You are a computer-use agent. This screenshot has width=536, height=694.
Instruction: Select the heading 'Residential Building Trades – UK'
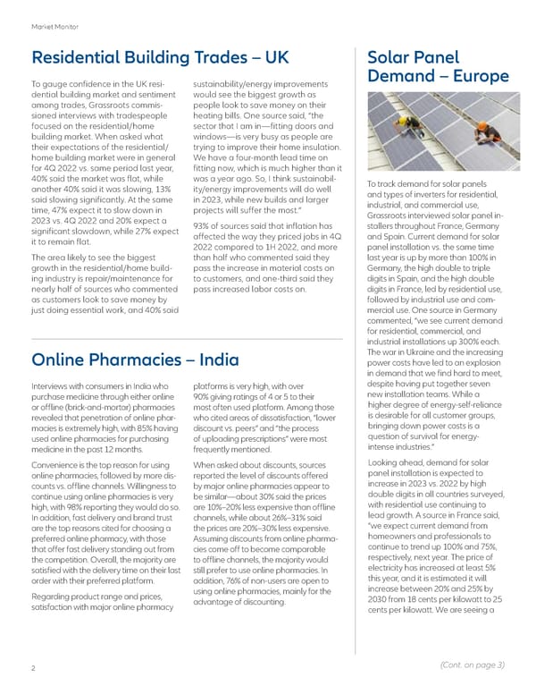tap(160, 57)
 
